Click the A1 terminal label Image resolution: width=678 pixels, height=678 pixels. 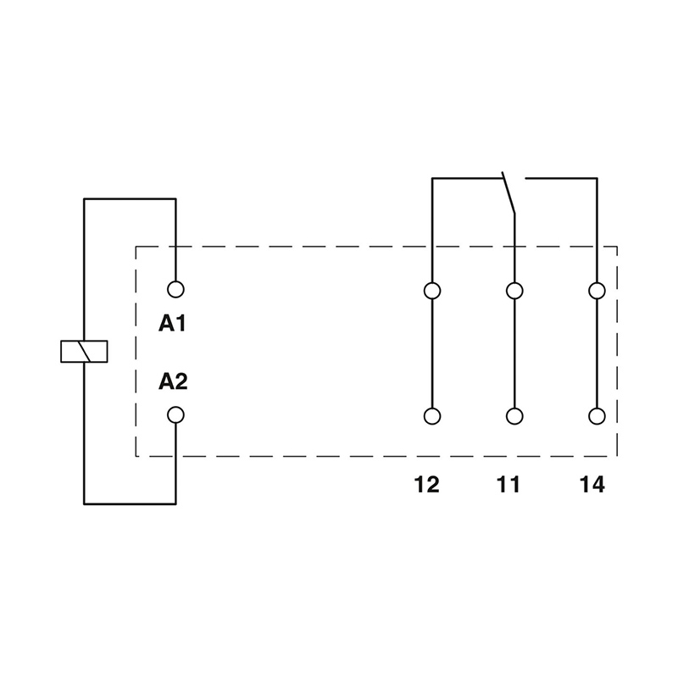pos(173,324)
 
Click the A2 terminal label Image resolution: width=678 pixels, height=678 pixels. pos(173,382)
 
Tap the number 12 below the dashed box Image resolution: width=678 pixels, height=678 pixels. pos(427,485)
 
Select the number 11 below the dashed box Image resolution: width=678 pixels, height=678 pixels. pos(508,485)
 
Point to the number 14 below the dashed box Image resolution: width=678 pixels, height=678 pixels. pos(592,485)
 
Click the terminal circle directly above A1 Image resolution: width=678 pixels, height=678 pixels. pos(175,289)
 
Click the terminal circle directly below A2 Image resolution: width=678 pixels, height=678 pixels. pos(175,415)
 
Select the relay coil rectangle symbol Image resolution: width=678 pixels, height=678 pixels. pos(84,351)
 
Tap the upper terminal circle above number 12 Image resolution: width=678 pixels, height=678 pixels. pos(432,291)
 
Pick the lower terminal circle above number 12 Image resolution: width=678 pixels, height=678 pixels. pos(432,416)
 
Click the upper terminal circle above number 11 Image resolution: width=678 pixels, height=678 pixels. pos(514,291)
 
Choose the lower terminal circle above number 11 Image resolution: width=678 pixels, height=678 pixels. pos(514,416)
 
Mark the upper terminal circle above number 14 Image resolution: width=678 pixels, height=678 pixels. pos(597,291)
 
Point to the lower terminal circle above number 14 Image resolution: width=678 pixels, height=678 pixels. pos(597,416)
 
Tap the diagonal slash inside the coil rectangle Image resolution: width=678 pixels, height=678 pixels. pos(84,351)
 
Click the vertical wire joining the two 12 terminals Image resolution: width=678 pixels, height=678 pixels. pos(432,353)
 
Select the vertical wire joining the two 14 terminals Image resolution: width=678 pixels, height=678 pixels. pos(597,353)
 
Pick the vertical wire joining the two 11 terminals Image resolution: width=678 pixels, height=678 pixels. pos(514,353)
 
